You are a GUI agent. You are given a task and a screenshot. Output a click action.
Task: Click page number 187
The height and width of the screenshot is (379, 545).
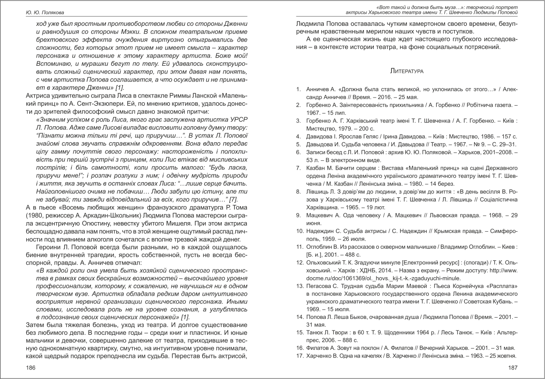tap(512, 367)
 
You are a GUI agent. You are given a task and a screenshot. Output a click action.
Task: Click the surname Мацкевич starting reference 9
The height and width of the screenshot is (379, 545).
tap(320, 215)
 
